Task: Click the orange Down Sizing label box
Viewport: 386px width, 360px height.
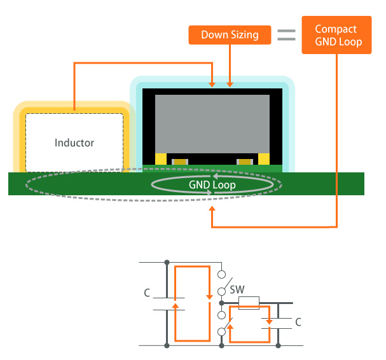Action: (x=230, y=35)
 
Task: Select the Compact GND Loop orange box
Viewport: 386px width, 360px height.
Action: (x=336, y=36)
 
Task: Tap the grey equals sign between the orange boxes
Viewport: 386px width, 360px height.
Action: (x=287, y=35)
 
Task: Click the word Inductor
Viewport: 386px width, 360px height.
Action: (x=74, y=142)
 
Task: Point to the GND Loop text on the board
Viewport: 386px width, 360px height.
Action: (x=212, y=184)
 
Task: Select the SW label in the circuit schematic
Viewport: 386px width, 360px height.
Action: (x=237, y=289)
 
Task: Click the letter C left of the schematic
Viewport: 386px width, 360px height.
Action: (x=147, y=294)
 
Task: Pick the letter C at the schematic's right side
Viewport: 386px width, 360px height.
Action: (x=298, y=322)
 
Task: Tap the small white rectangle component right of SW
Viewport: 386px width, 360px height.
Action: (x=249, y=302)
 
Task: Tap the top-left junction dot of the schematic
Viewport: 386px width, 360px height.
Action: (x=167, y=262)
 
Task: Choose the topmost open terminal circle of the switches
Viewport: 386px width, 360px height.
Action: (x=221, y=274)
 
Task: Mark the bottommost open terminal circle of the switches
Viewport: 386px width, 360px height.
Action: (x=221, y=331)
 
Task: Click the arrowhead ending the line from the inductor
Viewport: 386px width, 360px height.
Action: (x=212, y=84)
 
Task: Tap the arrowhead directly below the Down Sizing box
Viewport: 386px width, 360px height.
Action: (x=230, y=84)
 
